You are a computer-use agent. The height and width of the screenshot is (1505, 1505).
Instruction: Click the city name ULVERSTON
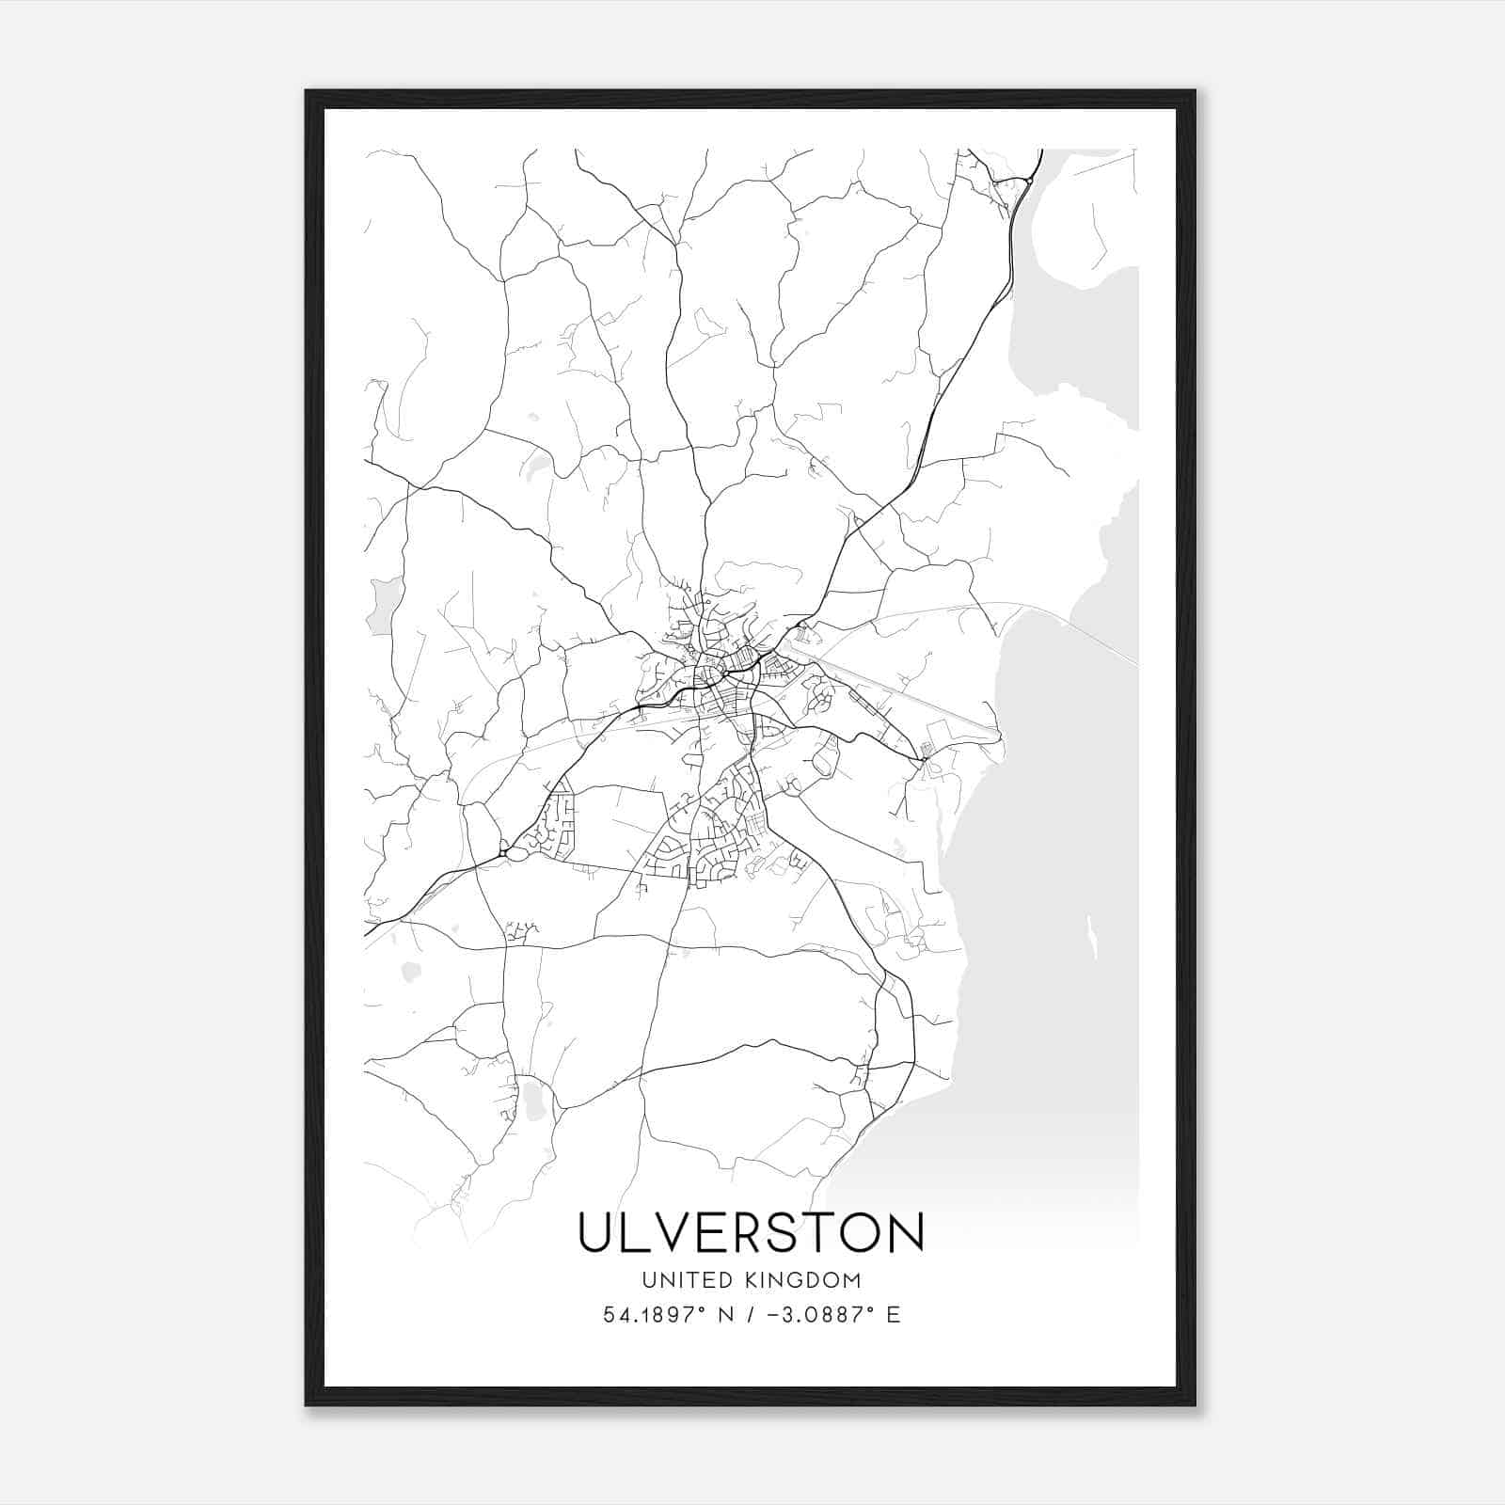pyautogui.click(x=751, y=1233)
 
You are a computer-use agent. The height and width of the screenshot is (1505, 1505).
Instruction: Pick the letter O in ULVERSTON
pyautogui.click(x=856, y=1233)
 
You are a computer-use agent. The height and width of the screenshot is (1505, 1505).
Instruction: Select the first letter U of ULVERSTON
pyautogui.click(x=597, y=1233)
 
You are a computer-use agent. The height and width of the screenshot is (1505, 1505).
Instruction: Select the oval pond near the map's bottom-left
pyautogui.click(x=532, y=1101)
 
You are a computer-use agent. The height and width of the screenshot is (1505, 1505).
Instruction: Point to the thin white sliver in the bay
pyautogui.click(x=1091, y=936)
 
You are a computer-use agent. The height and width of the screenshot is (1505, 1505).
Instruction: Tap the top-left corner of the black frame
pyautogui.click(x=308, y=92)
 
